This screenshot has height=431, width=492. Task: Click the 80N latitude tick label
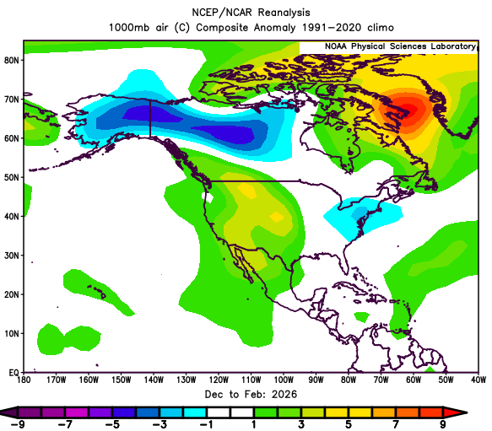click(x=11, y=60)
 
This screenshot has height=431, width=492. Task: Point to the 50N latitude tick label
click(x=11, y=177)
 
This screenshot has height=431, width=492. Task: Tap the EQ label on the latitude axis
click(x=14, y=373)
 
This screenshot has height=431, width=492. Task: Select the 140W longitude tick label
click(x=154, y=380)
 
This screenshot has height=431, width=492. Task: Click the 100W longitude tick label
click(x=284, y=380)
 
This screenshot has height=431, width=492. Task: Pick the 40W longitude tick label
click(x=478, y=380)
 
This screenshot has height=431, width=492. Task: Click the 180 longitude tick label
click(x=24, y=380)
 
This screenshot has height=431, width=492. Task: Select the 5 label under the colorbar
click(x=349, y=424)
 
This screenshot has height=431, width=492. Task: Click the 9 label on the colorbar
click(x=443, y=424)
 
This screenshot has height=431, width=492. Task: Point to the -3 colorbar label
click(x=159, y=424)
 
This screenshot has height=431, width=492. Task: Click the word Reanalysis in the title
click(x=284, y=13)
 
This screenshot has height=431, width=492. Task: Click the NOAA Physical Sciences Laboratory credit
click(x=400, y=46)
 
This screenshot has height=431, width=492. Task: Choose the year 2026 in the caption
click(x=284, y=394)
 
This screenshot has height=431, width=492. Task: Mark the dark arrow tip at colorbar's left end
click(x=8, y=412)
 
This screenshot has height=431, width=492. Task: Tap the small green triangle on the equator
click(x=430, y=369)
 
